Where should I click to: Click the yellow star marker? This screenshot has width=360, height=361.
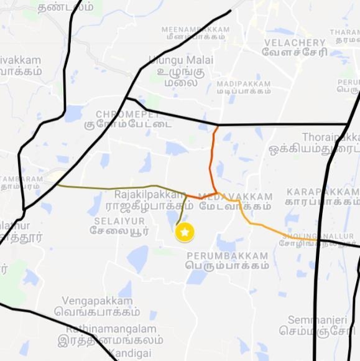[185, 232]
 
